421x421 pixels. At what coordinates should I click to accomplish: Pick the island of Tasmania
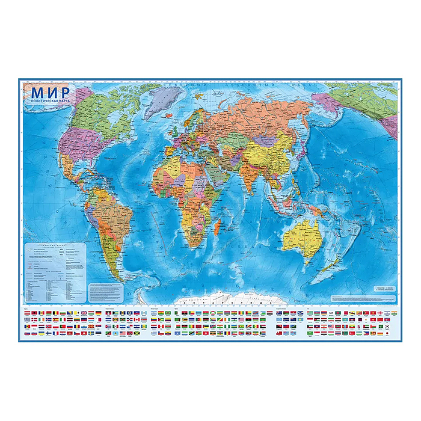click(x=309, y=263)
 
